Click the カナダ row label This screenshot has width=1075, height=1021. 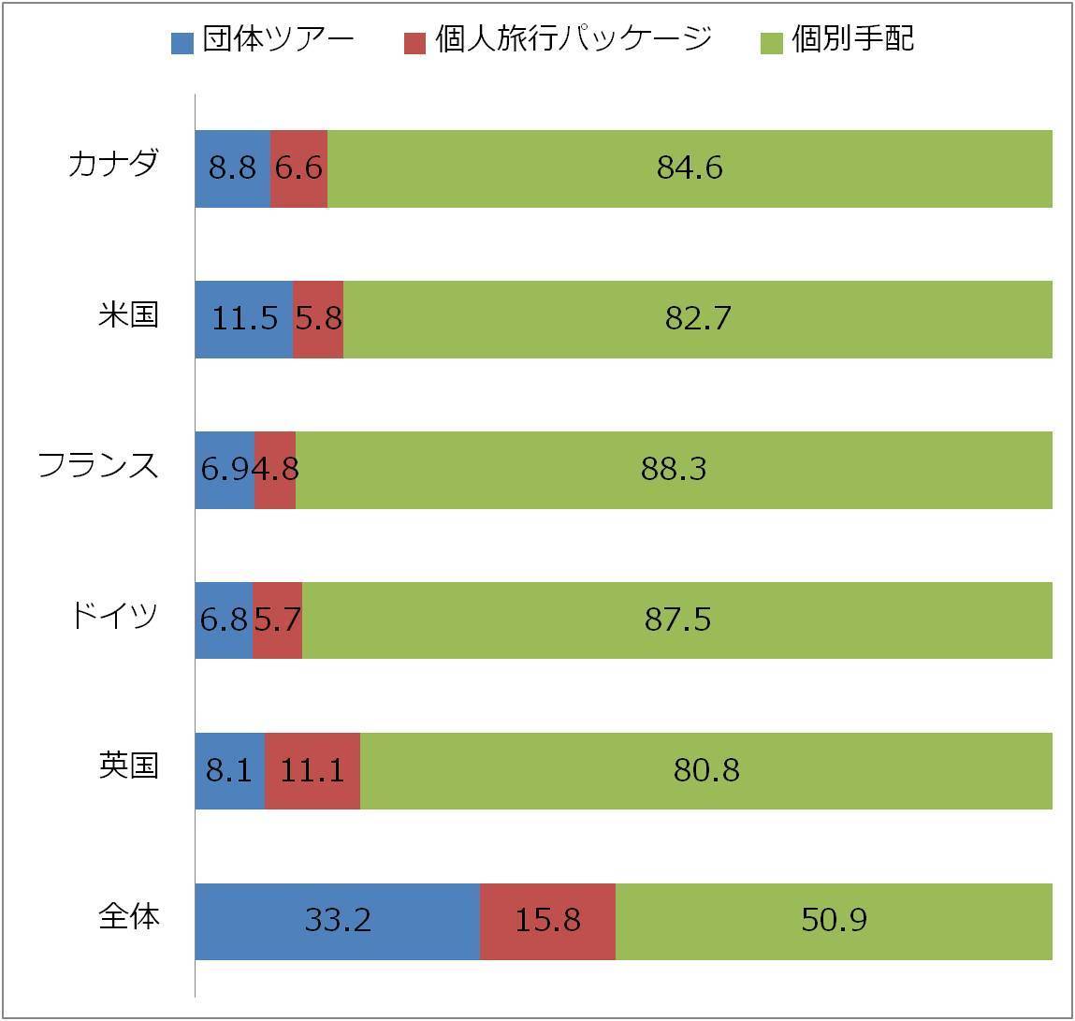(x=113, y=165)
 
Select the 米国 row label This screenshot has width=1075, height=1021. (x=128, y=315)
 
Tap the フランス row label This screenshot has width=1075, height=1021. (x=98, y=466)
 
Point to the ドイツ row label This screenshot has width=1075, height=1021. (x=113, y=617)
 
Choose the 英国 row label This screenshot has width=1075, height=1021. (x=128, y=766)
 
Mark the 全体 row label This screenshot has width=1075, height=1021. (x=128, y=917)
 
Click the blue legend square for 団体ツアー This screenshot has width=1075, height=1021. (x=182, y=42)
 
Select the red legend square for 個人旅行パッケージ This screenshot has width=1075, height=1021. (x=414, y=42)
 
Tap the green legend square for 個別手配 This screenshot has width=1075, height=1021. (x=772, y=42)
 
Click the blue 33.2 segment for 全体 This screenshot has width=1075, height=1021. (x=338, y=921)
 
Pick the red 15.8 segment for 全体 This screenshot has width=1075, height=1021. (x=547, y=921)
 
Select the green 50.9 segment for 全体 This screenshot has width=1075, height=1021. (x=834, y=921)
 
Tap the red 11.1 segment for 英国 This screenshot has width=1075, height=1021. (x=312, y=771)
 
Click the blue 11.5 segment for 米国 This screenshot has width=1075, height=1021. (x=244, y=319)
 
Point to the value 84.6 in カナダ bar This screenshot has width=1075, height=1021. (x=690, y=168)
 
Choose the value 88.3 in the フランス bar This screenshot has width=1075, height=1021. (x=674, y=470)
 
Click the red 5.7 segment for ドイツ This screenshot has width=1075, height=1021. (x=277, y=620)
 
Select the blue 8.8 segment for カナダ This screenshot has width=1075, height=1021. (x=232, y=168)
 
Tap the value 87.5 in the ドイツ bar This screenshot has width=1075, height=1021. (x=677, y=620)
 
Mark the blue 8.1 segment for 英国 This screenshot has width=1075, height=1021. (x=229, y=771)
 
